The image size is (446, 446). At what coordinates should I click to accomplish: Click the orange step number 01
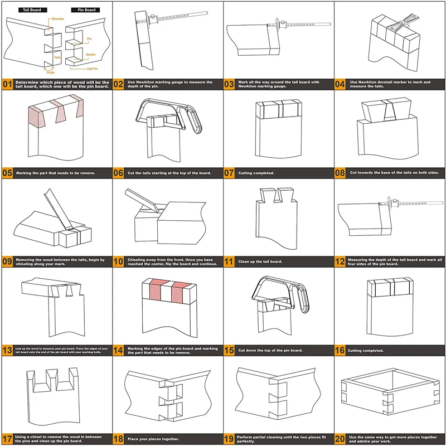tap(7, 85)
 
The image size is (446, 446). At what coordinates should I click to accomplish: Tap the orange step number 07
tap(230, 173)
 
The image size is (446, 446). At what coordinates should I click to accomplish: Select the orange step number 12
tap(341, 261)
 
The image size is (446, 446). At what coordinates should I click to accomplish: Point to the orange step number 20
tap(341, 439)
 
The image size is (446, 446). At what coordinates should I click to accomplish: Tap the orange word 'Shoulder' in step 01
tap(57, 19)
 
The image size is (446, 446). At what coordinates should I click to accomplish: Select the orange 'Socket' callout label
tap(91, 55)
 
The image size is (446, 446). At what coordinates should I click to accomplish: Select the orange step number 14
tap(119, 350)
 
